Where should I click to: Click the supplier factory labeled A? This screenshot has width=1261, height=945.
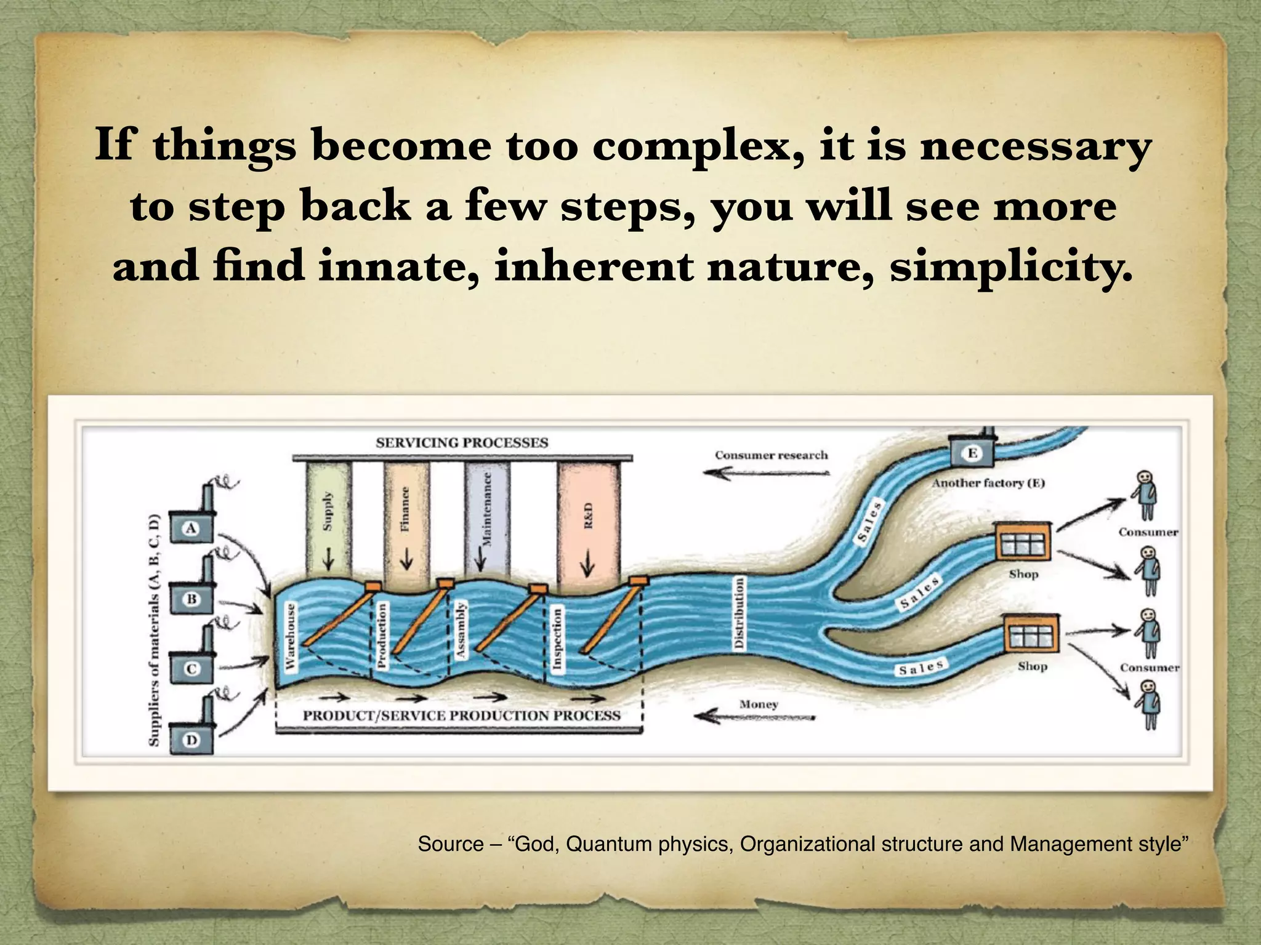point(191,527)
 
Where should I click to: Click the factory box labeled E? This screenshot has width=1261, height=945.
point(972,454)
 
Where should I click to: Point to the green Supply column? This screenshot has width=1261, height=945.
point(328,511)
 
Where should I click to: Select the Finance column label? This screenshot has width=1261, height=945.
point(405,509)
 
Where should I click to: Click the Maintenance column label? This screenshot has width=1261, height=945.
point(487,509)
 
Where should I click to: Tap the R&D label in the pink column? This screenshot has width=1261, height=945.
point(589,516)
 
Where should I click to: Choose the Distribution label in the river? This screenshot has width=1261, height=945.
point(739,612)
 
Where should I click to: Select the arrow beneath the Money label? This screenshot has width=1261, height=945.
point(755,717)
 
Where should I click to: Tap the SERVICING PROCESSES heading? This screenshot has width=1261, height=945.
point(462,442)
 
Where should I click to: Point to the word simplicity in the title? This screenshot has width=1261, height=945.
point(1010,268)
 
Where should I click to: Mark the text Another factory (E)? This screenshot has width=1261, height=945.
point(988,483)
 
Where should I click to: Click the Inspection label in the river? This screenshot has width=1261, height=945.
point(557,637)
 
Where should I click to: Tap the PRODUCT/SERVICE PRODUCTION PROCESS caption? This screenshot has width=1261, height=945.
point(461,716)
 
